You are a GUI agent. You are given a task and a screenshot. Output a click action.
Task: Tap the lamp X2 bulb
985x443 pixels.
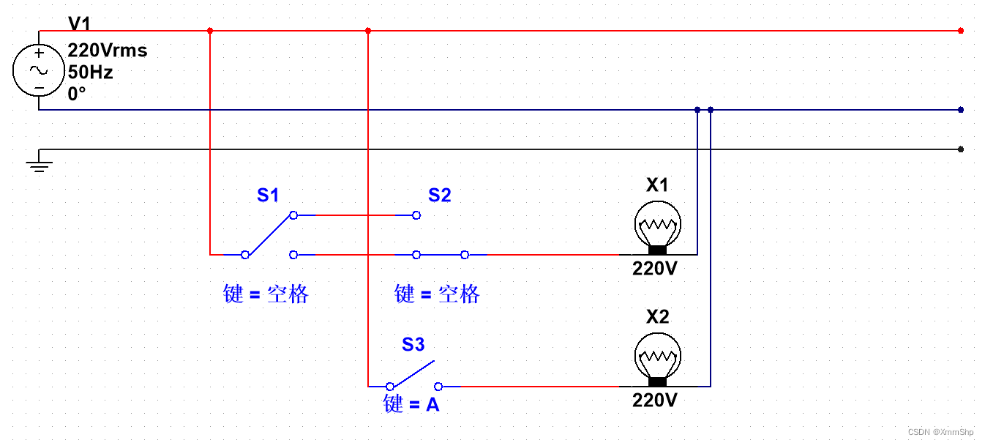point(657,356)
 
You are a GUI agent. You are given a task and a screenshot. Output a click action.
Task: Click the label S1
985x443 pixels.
point(268,196)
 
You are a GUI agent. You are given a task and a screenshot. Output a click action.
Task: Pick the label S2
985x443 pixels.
point(439,196)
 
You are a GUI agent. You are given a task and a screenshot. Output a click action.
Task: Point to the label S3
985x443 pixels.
point(413,344)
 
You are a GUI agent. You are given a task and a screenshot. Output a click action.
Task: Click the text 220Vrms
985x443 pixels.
point(108,51)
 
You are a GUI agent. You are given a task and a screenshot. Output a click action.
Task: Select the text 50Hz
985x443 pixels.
point(91,72)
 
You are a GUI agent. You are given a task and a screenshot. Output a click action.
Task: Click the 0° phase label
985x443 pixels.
point(77,94)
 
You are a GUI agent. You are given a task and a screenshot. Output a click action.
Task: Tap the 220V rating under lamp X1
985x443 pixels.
point(655,269)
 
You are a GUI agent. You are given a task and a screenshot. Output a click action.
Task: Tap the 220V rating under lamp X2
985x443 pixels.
point(655,401)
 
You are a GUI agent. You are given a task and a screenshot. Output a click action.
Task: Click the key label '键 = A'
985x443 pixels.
point(411,403)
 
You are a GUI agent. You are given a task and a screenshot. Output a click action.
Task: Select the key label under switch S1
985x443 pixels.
point(266,294)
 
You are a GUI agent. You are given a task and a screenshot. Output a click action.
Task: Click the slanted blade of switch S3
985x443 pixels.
point(412,373)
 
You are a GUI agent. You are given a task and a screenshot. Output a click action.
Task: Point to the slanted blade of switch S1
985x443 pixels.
point(269,235)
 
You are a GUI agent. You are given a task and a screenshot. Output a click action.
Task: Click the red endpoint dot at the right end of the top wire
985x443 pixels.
point(960,31)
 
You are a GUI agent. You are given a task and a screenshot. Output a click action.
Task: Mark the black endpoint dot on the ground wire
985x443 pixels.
point(960,149)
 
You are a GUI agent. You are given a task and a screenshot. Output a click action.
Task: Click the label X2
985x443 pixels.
point(657,317)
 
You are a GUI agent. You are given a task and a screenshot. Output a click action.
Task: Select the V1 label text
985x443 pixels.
point(80,25)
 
